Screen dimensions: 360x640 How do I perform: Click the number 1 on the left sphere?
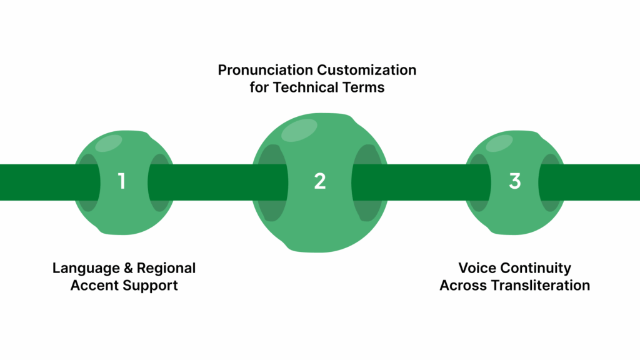(122, 181)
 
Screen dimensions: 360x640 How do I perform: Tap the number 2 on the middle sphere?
(320, 181)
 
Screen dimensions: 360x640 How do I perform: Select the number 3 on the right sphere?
(514, 181)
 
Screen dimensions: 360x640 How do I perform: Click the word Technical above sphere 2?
(306, 87)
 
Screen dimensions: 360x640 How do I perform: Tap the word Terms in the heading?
(363, 87)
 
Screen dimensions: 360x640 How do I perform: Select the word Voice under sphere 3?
(476, 268)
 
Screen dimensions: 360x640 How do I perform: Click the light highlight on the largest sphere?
(299, 129)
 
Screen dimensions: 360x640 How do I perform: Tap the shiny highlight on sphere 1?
(107, 143)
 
